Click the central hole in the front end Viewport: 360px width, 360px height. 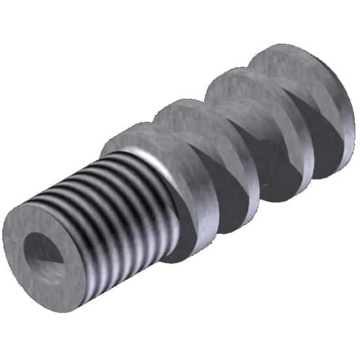(x=44, y=251)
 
